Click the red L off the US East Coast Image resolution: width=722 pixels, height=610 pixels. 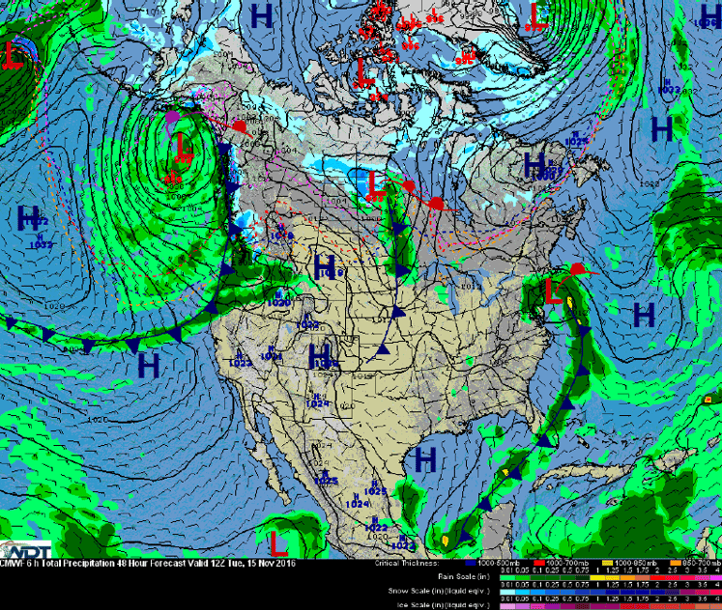[553, 291]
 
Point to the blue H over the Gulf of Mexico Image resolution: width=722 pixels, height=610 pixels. [424, 459]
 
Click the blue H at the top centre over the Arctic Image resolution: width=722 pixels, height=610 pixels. [261, 14]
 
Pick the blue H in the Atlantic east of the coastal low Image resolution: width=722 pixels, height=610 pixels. [643, 314]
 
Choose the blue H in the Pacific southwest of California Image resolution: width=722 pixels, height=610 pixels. [148, 365]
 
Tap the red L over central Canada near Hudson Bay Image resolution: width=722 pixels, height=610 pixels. [375, 180]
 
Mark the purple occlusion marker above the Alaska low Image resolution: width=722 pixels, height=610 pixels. [173, 116]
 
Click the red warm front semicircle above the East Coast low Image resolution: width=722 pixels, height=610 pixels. [577, 268]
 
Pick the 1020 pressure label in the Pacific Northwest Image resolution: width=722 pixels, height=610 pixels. [278, 302]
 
